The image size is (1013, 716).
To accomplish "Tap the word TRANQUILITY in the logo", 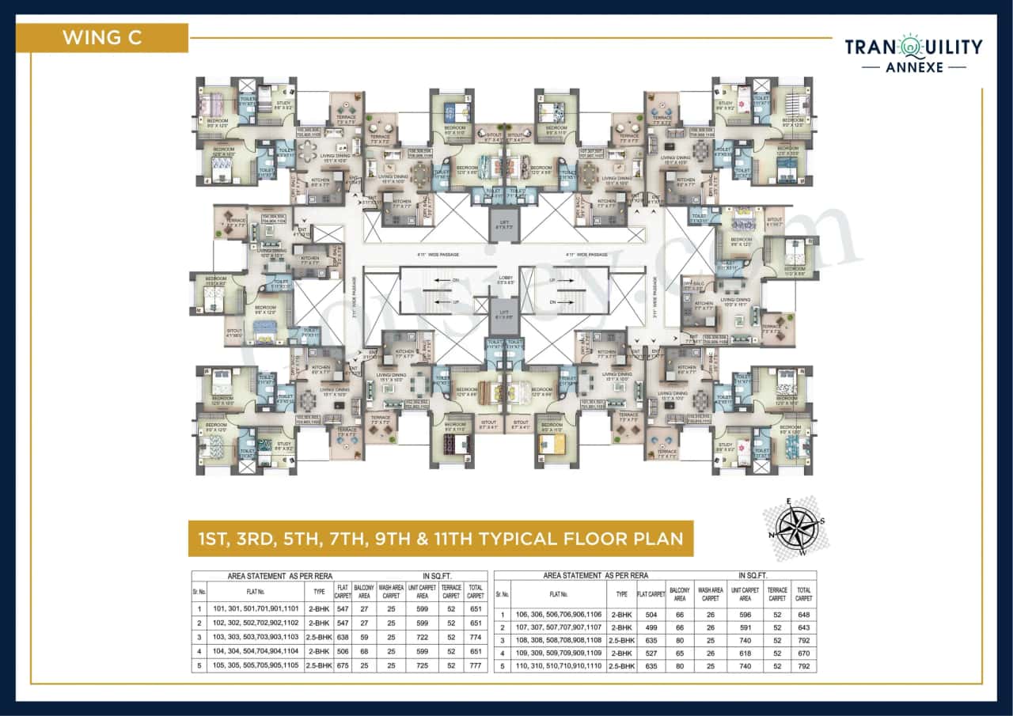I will (x=913, y=47).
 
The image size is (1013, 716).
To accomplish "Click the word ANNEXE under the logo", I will (x=913, y=68).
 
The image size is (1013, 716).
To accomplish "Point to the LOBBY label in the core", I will (x=506, y=278).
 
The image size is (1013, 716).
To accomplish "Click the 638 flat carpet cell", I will (x=343, y=637).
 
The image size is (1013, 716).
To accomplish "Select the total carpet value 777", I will (x=475, y=665).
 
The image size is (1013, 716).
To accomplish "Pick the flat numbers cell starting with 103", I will (x=256, y=637).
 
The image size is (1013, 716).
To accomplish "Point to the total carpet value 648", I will (x=803, y=614).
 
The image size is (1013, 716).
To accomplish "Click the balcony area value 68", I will (x=365, y=651).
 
